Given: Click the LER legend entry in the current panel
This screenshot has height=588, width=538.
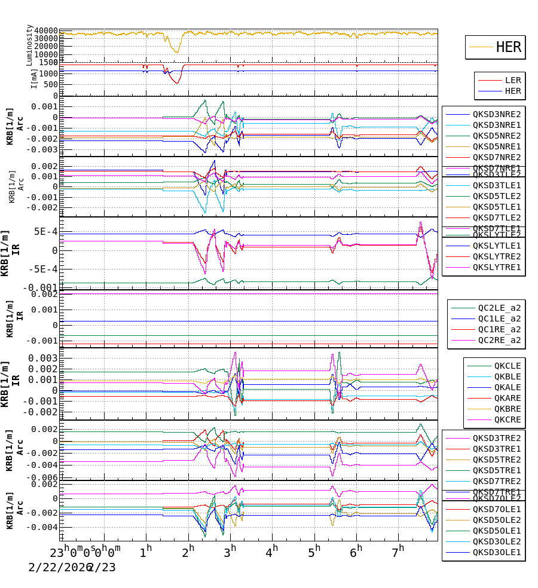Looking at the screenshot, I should coord(513,80).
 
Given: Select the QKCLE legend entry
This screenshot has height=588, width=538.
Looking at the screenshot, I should coord(507,366).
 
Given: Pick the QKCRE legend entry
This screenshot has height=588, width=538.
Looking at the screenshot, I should coord(507,419).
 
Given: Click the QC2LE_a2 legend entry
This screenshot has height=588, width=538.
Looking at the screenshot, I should coord(499,308).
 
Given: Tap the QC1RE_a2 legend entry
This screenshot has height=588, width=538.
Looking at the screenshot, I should coord(499,329).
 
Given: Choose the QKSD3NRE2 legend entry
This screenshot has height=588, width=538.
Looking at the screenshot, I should coord(497,114).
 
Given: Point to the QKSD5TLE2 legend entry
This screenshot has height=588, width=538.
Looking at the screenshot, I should coord(497,196).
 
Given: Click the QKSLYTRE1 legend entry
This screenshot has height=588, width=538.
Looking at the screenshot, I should coord(497,267).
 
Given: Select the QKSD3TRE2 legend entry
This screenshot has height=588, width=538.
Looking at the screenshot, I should coord(497,438).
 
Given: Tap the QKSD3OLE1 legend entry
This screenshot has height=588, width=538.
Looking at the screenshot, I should coord(497,552).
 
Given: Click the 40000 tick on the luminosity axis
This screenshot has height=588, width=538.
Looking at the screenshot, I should coord(46,31).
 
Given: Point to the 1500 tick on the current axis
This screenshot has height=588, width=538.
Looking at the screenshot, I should coord(48,62).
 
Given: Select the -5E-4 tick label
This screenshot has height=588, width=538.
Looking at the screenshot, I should coord(42,269).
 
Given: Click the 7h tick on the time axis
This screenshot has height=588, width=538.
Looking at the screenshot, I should coord(399,551).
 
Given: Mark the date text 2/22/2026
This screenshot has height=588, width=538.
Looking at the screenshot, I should coord(57,567).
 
